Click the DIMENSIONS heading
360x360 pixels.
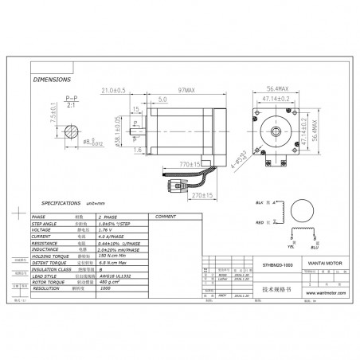pyautogui.click(x=53, y=81)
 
